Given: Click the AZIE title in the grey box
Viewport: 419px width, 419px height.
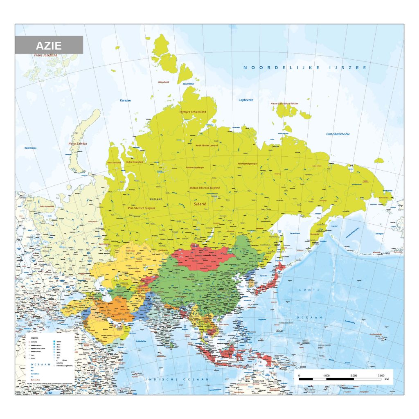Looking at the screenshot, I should [x=48, y=45].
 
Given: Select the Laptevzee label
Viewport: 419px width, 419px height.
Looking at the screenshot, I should [x=246, y=100].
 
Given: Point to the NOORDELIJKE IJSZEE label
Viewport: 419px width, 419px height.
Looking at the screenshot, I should [x=304, y=68].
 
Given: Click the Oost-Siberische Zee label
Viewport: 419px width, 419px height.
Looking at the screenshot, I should [x=338, y=134].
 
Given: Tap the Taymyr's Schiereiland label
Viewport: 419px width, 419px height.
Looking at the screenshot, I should [x=192, y=112].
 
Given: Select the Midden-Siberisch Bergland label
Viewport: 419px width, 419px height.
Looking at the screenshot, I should [x=205, y=188].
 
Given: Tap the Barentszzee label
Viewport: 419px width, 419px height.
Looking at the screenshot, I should [x=31, y=148].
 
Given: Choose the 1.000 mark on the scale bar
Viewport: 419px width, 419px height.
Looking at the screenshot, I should [x=326, y=375].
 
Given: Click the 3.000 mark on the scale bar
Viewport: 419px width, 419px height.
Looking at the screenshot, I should [x=381, y=375].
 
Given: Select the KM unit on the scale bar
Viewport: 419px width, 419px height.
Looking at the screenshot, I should [x=387, y=379].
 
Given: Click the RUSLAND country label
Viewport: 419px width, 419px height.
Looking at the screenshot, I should [x=156, y=199].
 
